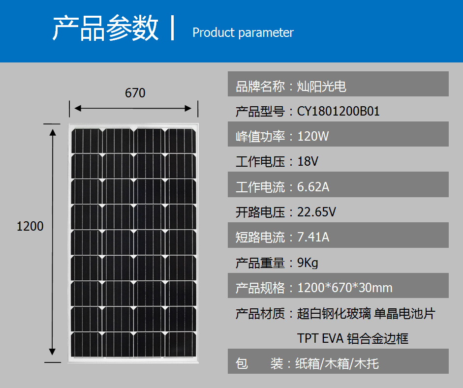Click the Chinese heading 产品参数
point(105,28)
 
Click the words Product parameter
point(243,32)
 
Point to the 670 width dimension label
point(135,93)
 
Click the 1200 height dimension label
point(30,226)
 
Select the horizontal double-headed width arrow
point(133,108)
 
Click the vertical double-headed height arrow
point(53,242)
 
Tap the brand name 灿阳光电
point(322,87)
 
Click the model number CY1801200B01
point(338,111)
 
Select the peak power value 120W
point(313,136)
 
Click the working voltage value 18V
point(308,161)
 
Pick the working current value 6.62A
point(313,187)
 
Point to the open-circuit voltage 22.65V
point(316,212)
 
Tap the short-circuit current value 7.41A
point(313,237)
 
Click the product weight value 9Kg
point(308,263)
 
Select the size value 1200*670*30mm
point(345,288)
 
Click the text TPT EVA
point(320,338)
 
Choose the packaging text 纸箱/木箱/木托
point(337,363)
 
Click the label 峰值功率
point(260,136)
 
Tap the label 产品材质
point(260,313)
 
